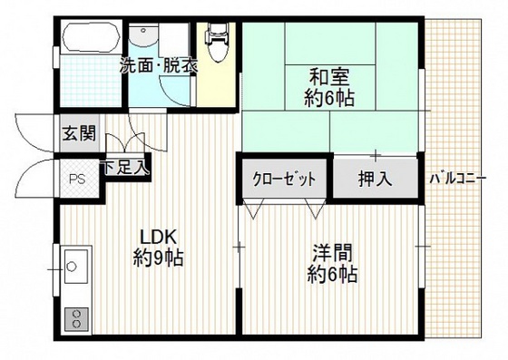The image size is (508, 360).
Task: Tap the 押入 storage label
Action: click(x=374, y=179)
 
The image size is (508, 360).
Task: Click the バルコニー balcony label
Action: click(x=458, y=177)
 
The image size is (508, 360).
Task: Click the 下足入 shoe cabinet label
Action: click(x=126, y=168)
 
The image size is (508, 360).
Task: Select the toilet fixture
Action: click(x=215, y=42)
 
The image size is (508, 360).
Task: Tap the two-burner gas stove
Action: click(x=74, y=319)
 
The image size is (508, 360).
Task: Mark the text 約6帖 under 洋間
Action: click(x=330, y=273)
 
